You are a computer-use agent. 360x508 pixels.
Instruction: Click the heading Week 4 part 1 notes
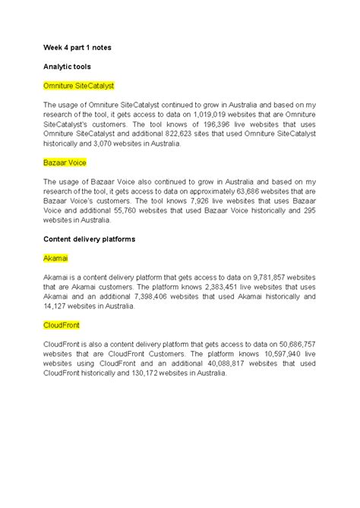coord(77,47)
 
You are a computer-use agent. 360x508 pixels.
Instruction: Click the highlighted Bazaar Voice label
coord(65,162)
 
